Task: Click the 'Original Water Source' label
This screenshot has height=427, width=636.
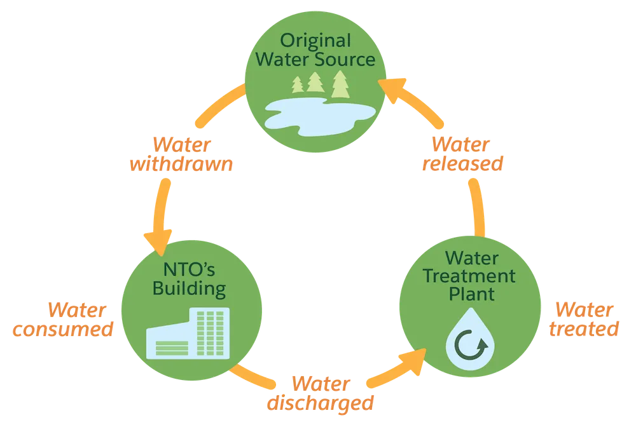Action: pos(315,50)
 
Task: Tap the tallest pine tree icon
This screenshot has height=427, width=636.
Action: pos(340,85)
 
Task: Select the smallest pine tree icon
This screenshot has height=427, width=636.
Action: pos(297,85)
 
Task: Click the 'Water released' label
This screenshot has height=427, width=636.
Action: pos(462,154)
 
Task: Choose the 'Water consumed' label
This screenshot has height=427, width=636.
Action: pos(63,320)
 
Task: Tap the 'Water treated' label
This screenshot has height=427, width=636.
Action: pos(584,319)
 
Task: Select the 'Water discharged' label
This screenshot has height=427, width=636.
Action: pos(321,393)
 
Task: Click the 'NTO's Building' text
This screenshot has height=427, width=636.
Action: pos(190,280)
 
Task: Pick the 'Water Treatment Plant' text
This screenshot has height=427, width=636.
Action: pos(470,276)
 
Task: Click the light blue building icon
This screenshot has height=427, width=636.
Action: pos(188,334)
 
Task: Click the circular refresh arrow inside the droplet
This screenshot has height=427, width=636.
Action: pos(471,345)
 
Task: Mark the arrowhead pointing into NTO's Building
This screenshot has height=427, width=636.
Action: pos(158,242)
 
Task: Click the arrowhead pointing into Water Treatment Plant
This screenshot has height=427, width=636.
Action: pos(414,360)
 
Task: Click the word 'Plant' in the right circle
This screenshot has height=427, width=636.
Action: pos(472,294)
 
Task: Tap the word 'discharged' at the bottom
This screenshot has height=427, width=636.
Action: pos(321,403)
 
